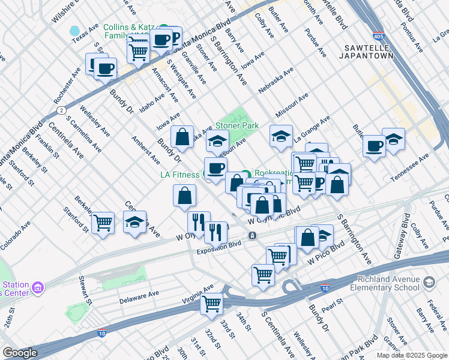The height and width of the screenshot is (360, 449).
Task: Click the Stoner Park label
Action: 237,126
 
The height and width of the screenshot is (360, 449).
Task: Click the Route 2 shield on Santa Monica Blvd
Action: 61,110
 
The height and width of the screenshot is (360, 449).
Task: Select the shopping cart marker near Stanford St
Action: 103,223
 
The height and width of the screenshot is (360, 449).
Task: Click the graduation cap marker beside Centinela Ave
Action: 135,222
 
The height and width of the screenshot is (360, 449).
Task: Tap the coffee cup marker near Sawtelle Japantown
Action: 375,146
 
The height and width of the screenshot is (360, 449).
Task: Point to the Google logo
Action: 20,353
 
